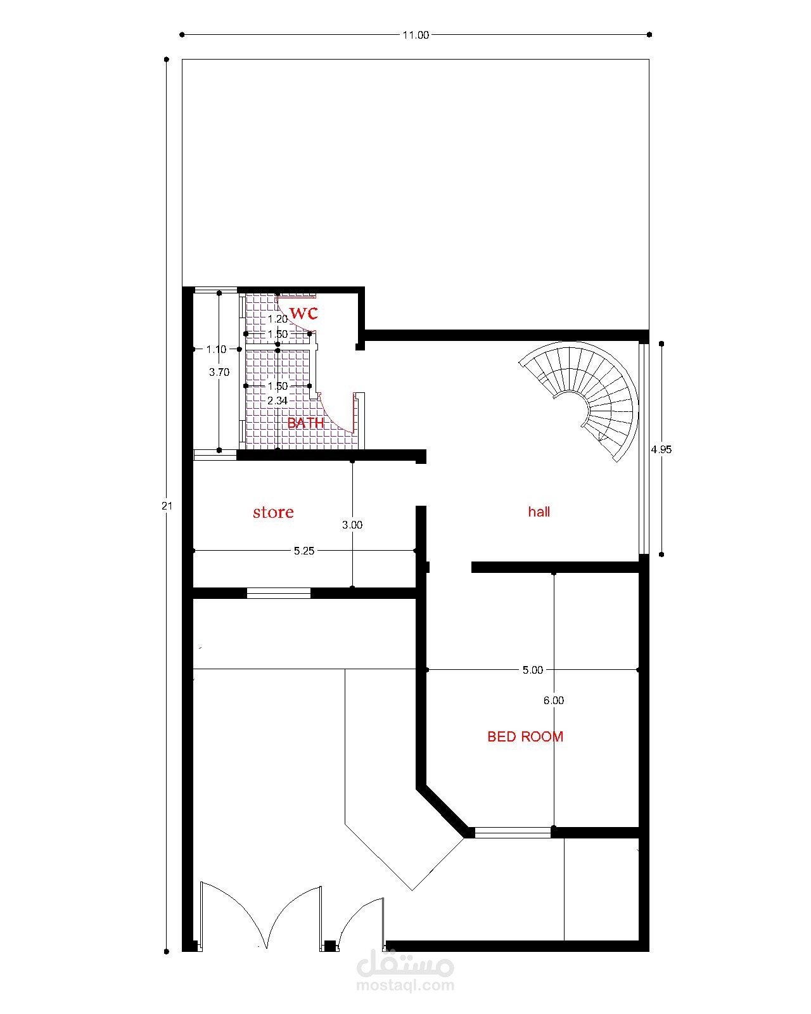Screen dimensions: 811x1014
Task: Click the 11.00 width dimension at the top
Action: (x=415, y=35)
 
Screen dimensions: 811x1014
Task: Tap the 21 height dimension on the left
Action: (x=167, y=506)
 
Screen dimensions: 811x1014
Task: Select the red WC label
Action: (x=303, y=313)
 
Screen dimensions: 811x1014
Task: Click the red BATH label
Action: (x=305, y=423)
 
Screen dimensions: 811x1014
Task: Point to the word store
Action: (x=273, y=512)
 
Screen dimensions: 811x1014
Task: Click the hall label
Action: (x=539, y=511)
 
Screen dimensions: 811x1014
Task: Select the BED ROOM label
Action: (x=525, y=736)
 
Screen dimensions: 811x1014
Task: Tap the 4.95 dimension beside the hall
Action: (x=661, y=449)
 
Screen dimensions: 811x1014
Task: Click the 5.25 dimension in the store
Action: (x=304, y=551)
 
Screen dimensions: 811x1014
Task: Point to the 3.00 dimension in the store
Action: (x=352, y=525)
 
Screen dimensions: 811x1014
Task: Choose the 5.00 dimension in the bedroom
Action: (x=532, y=670)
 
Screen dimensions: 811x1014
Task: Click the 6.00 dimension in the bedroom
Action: (x=553, y=701)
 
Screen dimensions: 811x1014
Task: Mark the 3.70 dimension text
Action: (x=219, y=372)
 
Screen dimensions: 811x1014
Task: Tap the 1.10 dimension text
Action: (x=216, y=350)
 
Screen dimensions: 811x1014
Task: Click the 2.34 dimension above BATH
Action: (x=277, y=401)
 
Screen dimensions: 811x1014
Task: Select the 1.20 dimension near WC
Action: (x=278, y=319)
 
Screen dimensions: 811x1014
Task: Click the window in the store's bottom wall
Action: (x=279, y=593)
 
